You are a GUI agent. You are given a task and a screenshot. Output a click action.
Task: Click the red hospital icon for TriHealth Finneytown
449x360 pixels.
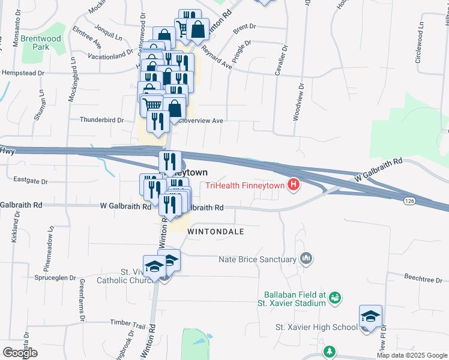point(294,185)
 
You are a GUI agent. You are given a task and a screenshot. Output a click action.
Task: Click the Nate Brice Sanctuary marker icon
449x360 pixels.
point(307,259)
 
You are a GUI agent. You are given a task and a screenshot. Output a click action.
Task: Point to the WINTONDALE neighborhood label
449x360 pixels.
point(216,231)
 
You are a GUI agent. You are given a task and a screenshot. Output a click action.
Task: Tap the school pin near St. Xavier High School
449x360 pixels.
point(370,317)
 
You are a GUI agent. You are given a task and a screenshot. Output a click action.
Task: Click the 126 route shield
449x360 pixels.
point(409,200)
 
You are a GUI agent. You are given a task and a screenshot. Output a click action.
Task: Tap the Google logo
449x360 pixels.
point(20,352)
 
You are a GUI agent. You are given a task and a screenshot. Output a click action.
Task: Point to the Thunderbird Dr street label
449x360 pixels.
point(102,120)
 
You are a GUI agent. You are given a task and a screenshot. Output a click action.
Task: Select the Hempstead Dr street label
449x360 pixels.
point(24,73)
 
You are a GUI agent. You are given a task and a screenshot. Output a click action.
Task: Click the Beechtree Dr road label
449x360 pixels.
point(423,279)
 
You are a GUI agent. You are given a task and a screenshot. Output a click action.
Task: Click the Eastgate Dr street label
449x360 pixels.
point(30,180)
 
